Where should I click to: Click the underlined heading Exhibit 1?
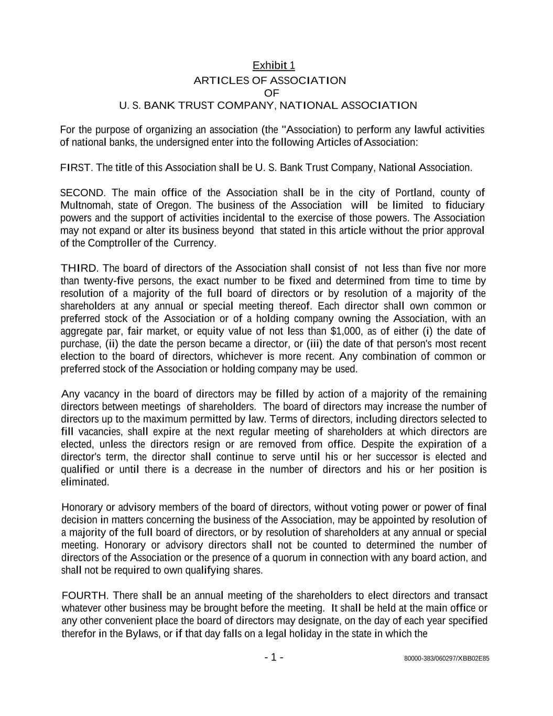(274, 66)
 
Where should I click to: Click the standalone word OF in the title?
(272, 93)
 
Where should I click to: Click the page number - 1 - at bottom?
(274, 657)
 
